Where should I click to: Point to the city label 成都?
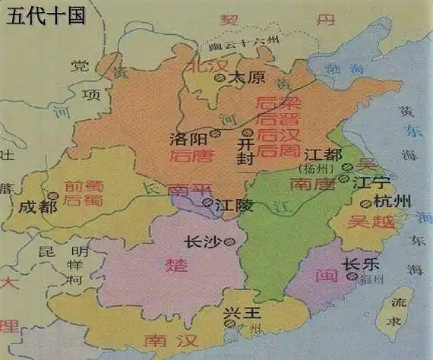pos(37,207)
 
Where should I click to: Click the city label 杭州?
pos(393,201)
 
